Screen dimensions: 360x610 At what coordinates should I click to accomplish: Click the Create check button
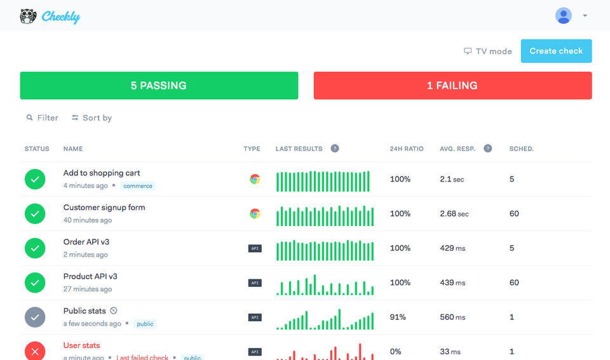[556, 51]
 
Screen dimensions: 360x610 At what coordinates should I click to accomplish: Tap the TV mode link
[488, 51]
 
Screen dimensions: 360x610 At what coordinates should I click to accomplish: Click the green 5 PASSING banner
[159, 86]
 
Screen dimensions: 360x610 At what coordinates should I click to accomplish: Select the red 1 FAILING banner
[452, 86]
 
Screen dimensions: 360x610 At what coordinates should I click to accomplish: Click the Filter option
[43, 117]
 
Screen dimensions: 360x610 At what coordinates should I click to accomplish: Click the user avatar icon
[563, 16]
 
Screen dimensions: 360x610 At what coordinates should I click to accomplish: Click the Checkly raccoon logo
[28, 17]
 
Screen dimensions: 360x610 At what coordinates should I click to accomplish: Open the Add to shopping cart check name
[102, 173]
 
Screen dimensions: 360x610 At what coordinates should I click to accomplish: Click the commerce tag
[138, 186]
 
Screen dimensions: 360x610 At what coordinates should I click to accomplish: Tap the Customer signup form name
[104, 207]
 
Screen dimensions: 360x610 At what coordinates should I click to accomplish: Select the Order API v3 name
[86, 242]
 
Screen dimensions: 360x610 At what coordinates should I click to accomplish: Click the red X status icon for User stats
[35, 350]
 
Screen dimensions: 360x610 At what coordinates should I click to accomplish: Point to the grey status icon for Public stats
[35, 317]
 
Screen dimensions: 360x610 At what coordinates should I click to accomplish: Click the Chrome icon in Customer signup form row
[255, 213]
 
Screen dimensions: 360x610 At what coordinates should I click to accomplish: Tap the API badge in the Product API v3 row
[255, 283]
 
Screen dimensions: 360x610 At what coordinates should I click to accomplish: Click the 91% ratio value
[398, 317]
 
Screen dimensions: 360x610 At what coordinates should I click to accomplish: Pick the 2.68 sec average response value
[454, 214]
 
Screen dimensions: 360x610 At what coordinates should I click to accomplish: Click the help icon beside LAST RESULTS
[335, 149]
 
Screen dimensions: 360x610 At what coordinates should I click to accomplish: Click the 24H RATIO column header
[407, 149]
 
